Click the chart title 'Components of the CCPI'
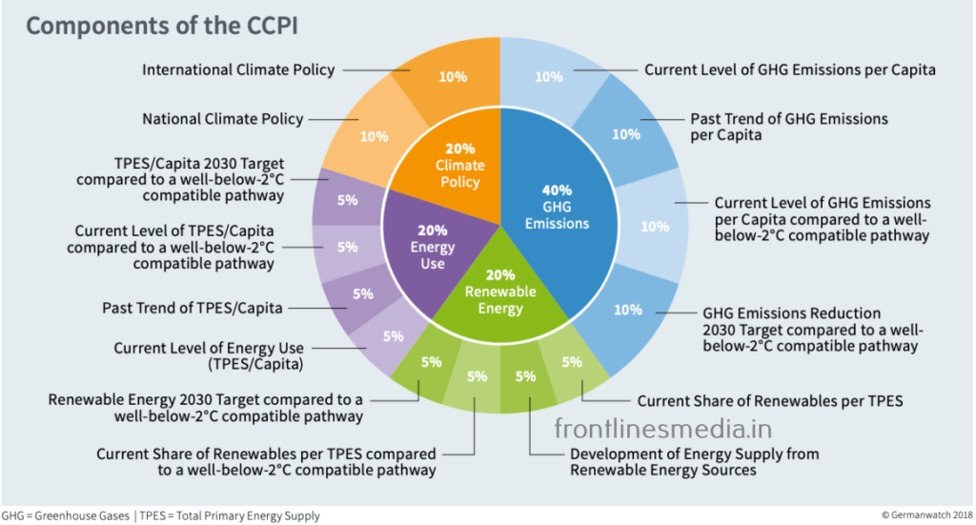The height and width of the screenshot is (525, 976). [161, 26]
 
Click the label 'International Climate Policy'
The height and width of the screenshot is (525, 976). [238, 70]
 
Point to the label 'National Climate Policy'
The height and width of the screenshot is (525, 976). [223, 119]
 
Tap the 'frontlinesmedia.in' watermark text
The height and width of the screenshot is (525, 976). [662, 428]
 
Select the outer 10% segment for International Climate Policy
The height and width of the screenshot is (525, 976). [453, 76]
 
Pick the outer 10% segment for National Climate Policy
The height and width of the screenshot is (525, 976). [374, 136]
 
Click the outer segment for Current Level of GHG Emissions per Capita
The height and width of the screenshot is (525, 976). [549, 76]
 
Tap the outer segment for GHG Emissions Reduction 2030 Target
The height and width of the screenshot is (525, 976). [627, 310]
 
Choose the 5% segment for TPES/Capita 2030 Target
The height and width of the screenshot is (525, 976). [347, 200]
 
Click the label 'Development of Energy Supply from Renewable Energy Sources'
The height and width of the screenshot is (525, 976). [694, 462]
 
